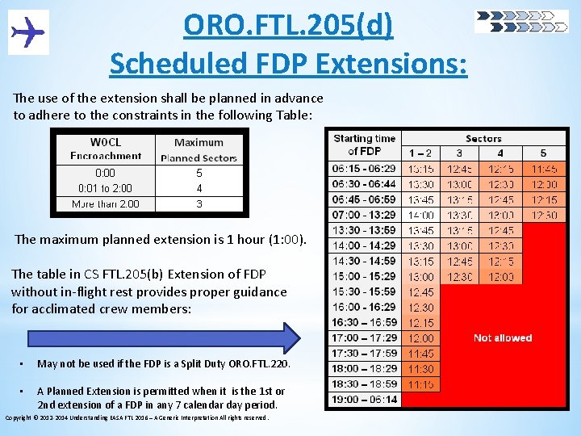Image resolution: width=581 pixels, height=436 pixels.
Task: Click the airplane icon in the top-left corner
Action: pos(28,33)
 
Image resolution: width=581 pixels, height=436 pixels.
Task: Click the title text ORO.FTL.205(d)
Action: pos(288,25)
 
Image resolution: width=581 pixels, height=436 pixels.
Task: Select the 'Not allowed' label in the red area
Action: pos(502,337)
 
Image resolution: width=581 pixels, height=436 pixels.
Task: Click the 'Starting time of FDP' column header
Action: pos(364,145)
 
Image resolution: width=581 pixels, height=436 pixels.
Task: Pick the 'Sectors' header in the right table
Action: pos(483,138)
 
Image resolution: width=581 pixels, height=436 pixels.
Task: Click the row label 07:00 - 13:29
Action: pos(364,215)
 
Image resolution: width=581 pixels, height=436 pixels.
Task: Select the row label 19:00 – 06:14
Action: pos(364,400)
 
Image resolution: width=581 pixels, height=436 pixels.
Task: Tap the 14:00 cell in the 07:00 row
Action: pos(420,215)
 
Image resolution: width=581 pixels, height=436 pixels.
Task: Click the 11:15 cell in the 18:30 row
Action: pos(420,384)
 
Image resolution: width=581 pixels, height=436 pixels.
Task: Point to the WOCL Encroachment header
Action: pos(106,149)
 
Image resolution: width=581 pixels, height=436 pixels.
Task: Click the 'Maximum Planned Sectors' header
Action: pos(199,149)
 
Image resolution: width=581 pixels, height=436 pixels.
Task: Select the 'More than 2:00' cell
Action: pos(106,203)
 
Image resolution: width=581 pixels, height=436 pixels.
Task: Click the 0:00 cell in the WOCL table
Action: pos(105,173)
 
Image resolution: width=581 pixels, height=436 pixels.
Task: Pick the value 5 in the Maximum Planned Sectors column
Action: pos(199,173)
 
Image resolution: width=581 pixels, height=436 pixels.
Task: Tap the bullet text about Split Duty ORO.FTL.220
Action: pos(164,364)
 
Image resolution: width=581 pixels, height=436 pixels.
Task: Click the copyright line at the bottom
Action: pos(137,417)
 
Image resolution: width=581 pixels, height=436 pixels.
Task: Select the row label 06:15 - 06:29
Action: pos(364,169)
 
